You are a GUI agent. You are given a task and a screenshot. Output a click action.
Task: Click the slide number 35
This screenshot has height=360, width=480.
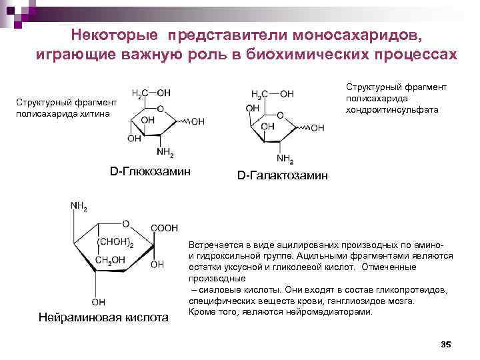(447, 344)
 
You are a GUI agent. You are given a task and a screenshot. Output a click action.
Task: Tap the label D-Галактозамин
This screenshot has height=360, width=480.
(283, 175)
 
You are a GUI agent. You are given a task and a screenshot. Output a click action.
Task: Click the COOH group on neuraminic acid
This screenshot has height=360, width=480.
(164, 228)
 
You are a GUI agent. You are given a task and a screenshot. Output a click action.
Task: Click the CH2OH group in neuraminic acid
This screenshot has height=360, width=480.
(111, 259)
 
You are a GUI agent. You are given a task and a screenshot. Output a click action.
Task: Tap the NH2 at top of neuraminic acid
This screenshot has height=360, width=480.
(78, 206)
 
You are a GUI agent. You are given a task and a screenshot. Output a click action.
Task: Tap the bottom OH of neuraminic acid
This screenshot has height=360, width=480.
(98, 301)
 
